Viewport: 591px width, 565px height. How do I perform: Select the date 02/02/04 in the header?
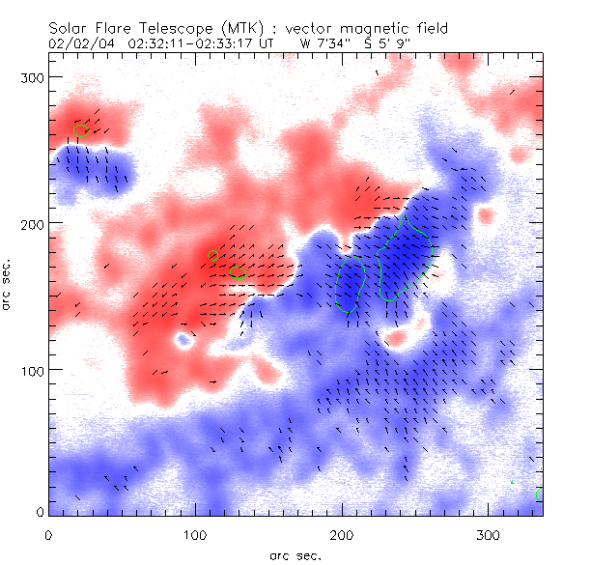point(77,43)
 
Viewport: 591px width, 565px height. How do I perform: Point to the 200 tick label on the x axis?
point(341,535)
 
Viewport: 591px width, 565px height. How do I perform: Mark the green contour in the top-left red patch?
point(81,128)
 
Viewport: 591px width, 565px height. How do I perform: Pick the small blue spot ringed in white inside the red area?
point(183,340)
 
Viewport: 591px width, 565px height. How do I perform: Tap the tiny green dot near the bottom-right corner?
point(512,482)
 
